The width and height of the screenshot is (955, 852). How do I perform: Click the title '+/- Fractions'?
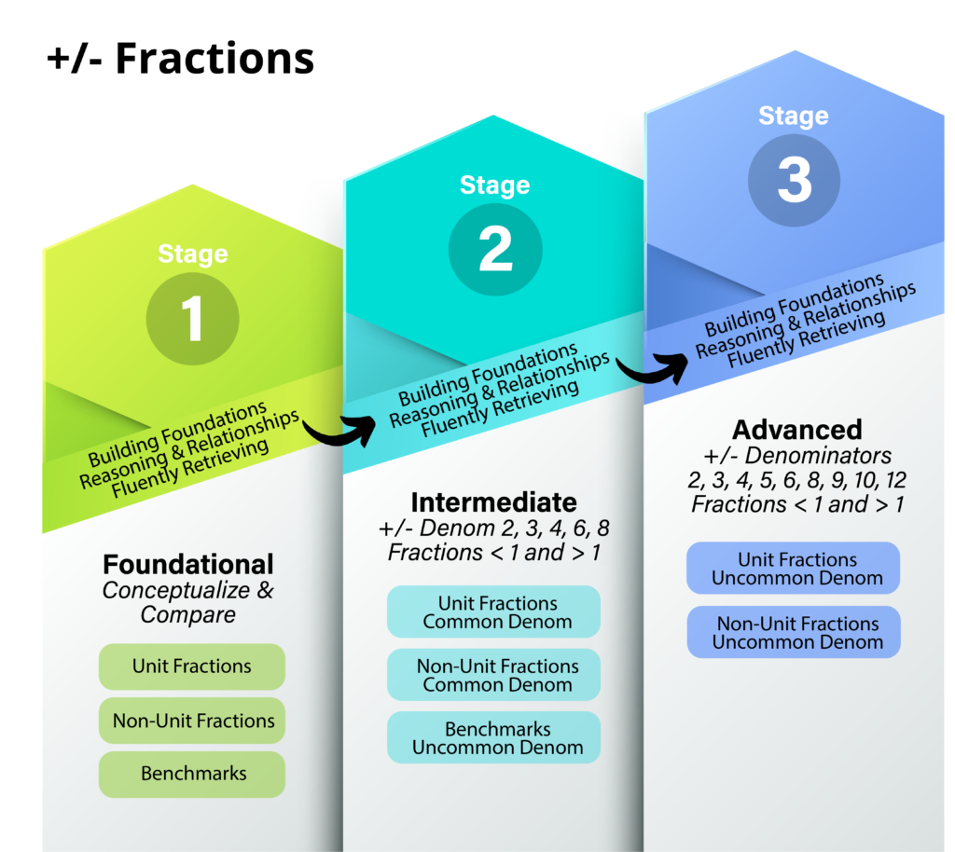click(180, 59)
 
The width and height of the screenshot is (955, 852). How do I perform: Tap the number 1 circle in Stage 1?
click(192, 318)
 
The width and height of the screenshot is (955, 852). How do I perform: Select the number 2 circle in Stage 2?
click(495, 249)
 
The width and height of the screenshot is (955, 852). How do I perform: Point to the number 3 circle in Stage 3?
click(795, 180)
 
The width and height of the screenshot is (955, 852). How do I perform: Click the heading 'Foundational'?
click(188, 564)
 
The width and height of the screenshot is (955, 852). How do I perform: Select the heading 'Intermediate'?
click(494, 502)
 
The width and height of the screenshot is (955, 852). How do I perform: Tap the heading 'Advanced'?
click(797, 430)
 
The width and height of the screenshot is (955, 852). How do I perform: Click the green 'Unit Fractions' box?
click(192, 666)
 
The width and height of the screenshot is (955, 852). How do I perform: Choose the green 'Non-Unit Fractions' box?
click(192, 721)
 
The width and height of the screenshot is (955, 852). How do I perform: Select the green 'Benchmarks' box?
click(192, 774)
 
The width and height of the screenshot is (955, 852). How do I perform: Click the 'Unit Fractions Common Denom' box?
click(494, 612)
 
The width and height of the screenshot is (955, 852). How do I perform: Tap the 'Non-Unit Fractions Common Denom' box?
click(494, 675)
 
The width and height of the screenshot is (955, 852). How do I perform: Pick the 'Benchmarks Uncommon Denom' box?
click(494, 737)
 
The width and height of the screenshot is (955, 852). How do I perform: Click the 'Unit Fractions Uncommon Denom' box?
click(794, 568)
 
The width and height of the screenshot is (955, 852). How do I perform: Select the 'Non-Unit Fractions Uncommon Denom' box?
click(794, 632)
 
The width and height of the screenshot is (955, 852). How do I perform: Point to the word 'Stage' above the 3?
click(794, 116)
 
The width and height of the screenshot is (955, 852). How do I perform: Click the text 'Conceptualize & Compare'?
click(188, 602)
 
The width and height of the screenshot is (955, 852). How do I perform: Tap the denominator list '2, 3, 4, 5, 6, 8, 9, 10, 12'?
click(797, 480)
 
